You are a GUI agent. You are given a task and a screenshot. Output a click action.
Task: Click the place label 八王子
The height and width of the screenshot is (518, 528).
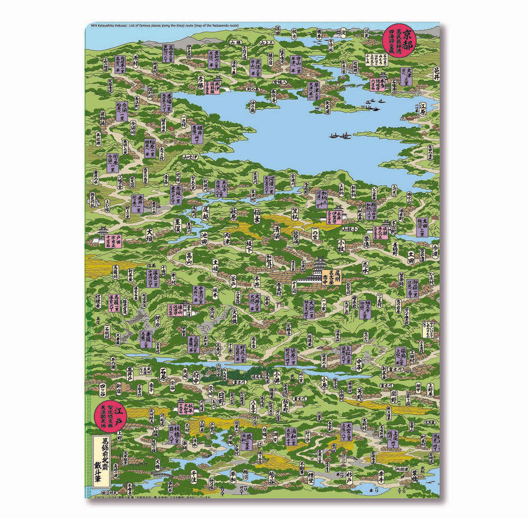[253, 409]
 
